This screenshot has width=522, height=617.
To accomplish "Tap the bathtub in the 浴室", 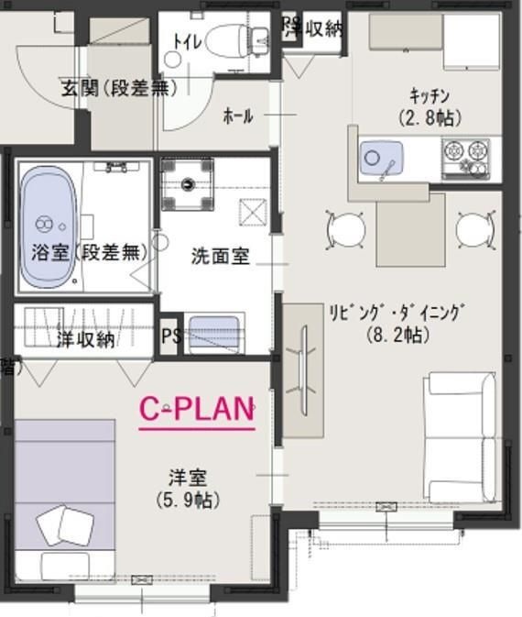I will (x=47, y=217).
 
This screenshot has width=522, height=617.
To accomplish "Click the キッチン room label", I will (x=429, y=95).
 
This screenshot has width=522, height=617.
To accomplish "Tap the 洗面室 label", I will (x=220, y=256).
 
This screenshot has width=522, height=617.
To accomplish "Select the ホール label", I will (x=238, y=116).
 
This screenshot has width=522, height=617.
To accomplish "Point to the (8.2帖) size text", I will (x=397, y=335).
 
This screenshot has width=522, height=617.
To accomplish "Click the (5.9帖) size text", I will (x=187, y=500).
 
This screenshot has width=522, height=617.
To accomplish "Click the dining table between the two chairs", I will (x=409, y=229).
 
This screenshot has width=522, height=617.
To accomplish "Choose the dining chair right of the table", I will (x=474, y=228).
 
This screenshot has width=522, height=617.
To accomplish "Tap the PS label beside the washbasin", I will (x=170, y=336).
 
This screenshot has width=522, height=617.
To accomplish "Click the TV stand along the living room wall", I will (x=303, y=362).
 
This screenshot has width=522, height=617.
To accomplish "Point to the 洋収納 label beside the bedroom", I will (x=85, y=338).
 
